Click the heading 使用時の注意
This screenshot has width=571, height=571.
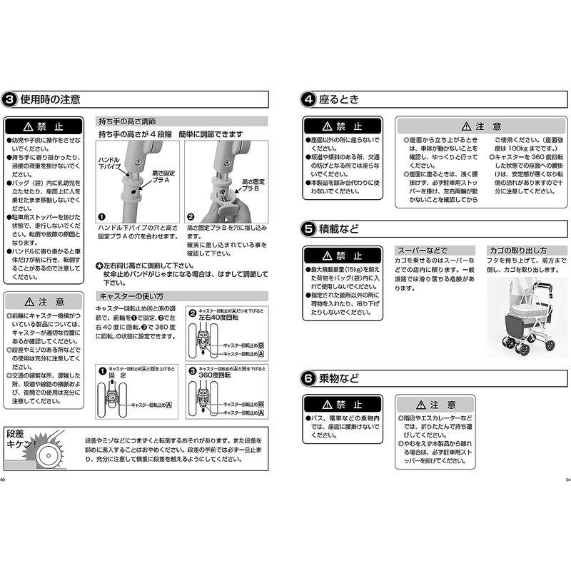tap(50, 99)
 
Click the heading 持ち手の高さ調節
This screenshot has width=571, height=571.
tap(128, 122)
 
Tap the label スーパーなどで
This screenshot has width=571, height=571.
tap(422, 251)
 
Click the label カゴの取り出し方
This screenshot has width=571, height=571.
tap(517, 251)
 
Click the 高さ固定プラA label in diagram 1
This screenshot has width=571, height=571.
tap(163, 177)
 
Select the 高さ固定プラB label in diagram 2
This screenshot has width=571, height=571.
tap(253, 186)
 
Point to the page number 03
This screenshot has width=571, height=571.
tap(3, 480)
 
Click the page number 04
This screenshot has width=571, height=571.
tap(567, 480)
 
